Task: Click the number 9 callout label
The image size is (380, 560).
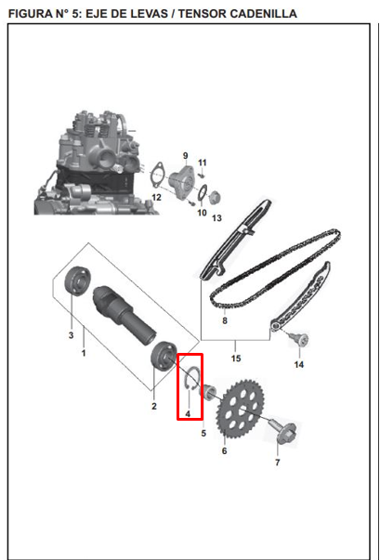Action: (x=185, y=154)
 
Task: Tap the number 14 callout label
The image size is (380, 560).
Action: (x=298, y=365)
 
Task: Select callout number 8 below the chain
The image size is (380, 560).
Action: (x=224, y=321)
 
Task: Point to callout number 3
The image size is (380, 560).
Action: (x=71, y=334)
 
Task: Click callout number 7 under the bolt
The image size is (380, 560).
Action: (x=276, y=462)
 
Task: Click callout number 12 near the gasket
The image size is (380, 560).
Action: (x=156, y=197)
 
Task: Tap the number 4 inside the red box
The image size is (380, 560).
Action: (x=188, y=413)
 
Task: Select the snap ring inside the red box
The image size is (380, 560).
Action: (x=191, y=381)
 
